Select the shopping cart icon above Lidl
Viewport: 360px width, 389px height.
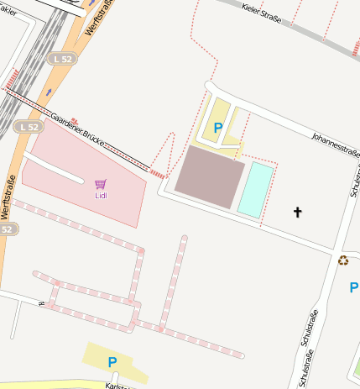[x=101, y=184]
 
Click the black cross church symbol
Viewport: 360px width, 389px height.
[x=297, y=213]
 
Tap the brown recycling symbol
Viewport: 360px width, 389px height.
[x=343, y=260]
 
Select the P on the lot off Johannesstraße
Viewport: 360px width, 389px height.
[x=218, y=128]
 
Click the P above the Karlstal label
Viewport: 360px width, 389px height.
[x=112, y=361]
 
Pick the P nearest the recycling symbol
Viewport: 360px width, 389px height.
[x=353, y=287]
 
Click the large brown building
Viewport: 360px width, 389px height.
[x=209, y=176]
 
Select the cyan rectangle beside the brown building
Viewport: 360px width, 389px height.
[x=256, y=190]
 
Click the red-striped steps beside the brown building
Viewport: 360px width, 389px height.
[x=158, y=173]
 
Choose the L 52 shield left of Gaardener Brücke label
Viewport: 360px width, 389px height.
[x=28, y=127]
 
